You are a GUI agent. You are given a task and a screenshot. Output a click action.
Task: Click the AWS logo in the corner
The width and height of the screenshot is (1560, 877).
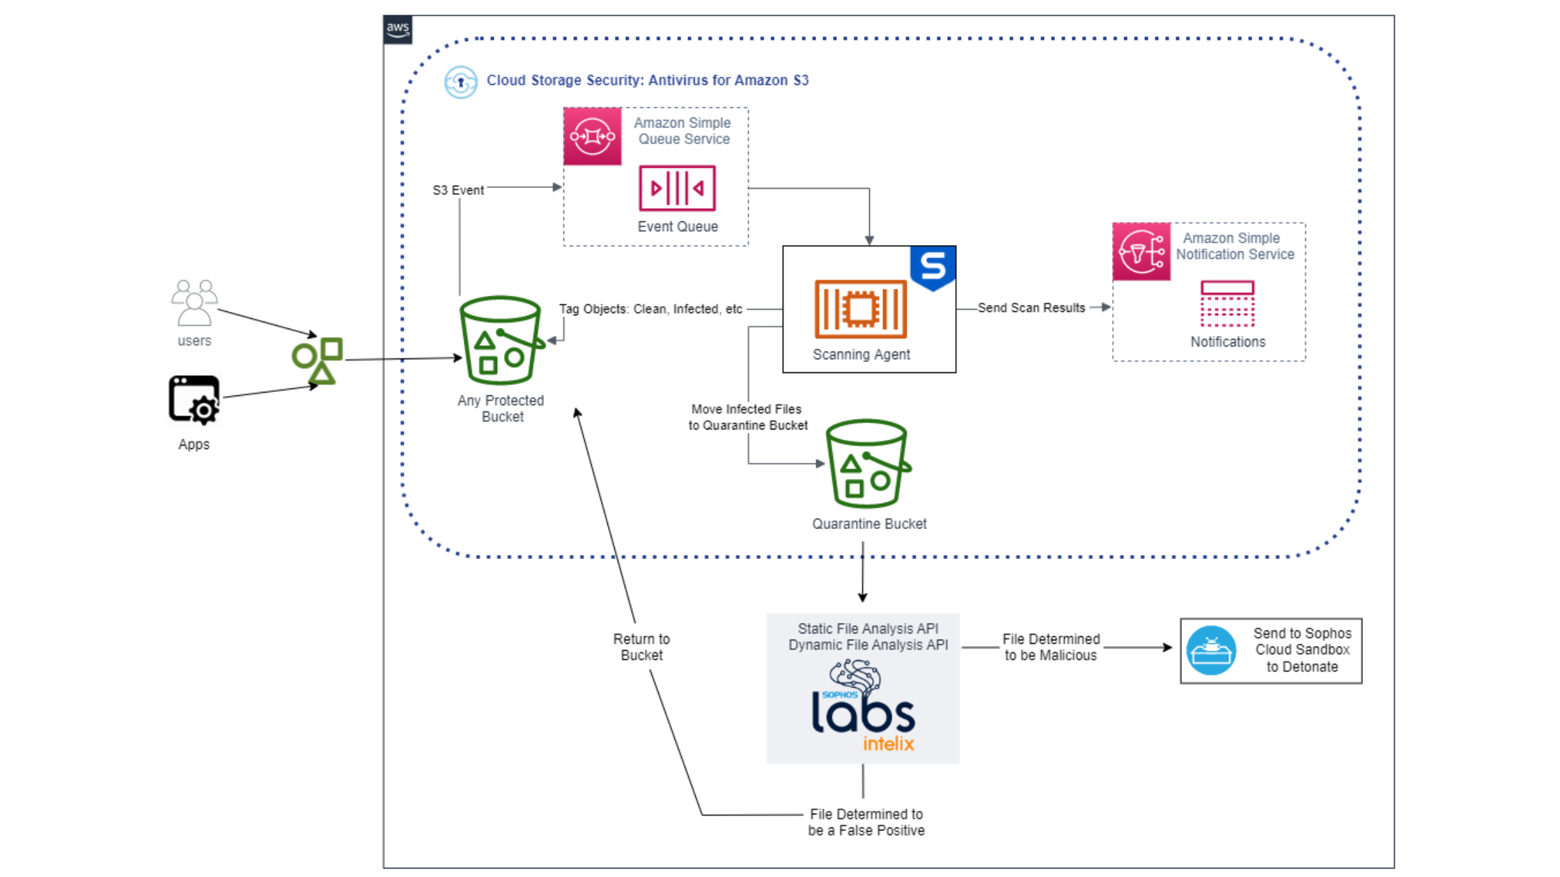(x=398, y=30)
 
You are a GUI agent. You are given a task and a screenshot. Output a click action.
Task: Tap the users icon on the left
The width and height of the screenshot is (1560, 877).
(x=194, y=303)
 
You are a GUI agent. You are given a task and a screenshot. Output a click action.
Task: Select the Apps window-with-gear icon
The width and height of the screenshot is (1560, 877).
(x=194, y=400)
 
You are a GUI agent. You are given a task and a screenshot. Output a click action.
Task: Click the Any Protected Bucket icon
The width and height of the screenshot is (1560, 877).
(x=501, y=341)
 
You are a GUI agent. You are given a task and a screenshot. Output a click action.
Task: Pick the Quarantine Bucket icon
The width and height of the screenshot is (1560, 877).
(x=868, y=464)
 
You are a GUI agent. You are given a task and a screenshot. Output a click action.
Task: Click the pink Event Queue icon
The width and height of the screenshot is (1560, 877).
(x=677, y=188)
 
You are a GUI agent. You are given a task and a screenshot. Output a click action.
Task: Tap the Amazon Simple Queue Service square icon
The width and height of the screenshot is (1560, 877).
(x=593, y=136)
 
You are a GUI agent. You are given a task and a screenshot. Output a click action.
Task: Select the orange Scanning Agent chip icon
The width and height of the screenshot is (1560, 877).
(x=861, y=309)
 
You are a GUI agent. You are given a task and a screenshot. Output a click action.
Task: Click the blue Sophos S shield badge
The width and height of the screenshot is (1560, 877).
(x=933, y=268)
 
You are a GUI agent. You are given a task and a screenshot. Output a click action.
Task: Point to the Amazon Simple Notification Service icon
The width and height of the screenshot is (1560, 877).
(x=1141, y=252)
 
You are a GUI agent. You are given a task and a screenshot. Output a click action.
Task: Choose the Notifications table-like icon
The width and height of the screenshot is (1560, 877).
(x=1227, y=303)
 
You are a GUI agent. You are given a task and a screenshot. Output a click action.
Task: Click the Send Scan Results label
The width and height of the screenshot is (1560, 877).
(x=1031, y=308)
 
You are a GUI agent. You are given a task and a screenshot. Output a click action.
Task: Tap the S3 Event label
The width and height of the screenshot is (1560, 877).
(x=458, y=190)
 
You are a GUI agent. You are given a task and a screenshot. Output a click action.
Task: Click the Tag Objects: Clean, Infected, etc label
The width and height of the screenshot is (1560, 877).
(x=650, y=309)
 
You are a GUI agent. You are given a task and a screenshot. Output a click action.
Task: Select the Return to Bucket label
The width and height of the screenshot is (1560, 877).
(x=641, y=647)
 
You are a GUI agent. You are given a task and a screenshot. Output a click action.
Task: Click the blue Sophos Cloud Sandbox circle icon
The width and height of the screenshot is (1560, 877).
(x=1211, y=651)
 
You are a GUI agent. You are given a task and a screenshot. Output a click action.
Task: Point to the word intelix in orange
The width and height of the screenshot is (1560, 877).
(x=888, y=744)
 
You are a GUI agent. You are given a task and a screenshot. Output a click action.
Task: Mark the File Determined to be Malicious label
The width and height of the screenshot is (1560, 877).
(x=1051, y=647)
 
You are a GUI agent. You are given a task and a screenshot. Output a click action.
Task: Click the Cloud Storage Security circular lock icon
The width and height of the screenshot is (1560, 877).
(x=461, y=82)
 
